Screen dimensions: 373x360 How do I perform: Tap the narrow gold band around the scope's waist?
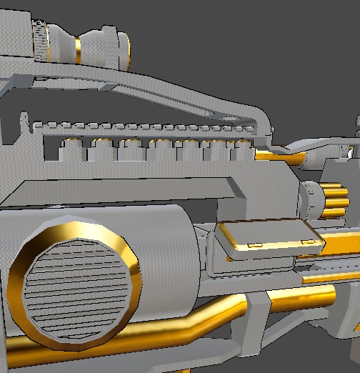(x=76, y=48)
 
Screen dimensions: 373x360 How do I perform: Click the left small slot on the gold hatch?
(x=254, y=247)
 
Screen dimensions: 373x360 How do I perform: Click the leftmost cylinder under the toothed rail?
(x=71, y=151)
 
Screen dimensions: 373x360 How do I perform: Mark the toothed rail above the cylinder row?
(x=143, y=128)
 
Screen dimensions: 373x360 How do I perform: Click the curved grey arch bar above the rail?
(x=179, y=93)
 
